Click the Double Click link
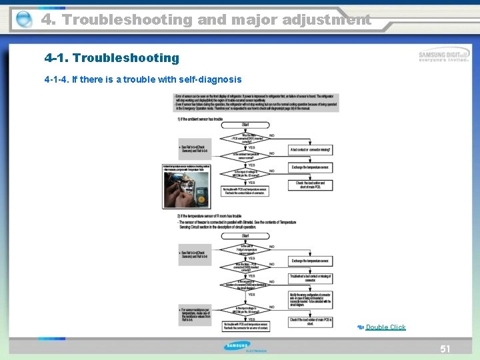(385, 327)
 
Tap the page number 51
(445, 349)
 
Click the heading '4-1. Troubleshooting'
(111, 58)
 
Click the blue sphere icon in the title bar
(23, 19)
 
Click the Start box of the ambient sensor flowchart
(246, 124)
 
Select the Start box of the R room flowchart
(246, 235)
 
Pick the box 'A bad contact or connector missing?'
(310, 150)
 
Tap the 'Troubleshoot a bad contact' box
(310, 278)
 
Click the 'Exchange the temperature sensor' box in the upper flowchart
(310, 167)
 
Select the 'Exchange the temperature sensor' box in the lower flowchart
(310, 260)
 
